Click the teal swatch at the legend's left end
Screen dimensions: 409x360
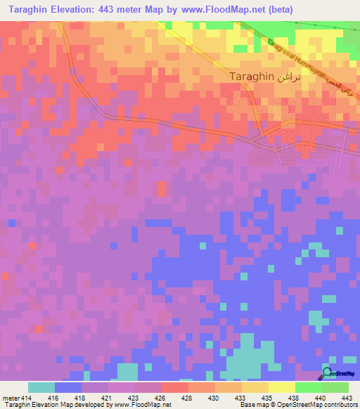click(41, 387)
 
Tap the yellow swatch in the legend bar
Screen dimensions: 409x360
click(281, 387)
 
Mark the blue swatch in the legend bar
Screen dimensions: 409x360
click(67, 387)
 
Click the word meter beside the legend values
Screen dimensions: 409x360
click(10, 398)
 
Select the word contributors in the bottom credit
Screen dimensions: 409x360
click(339, 405)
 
